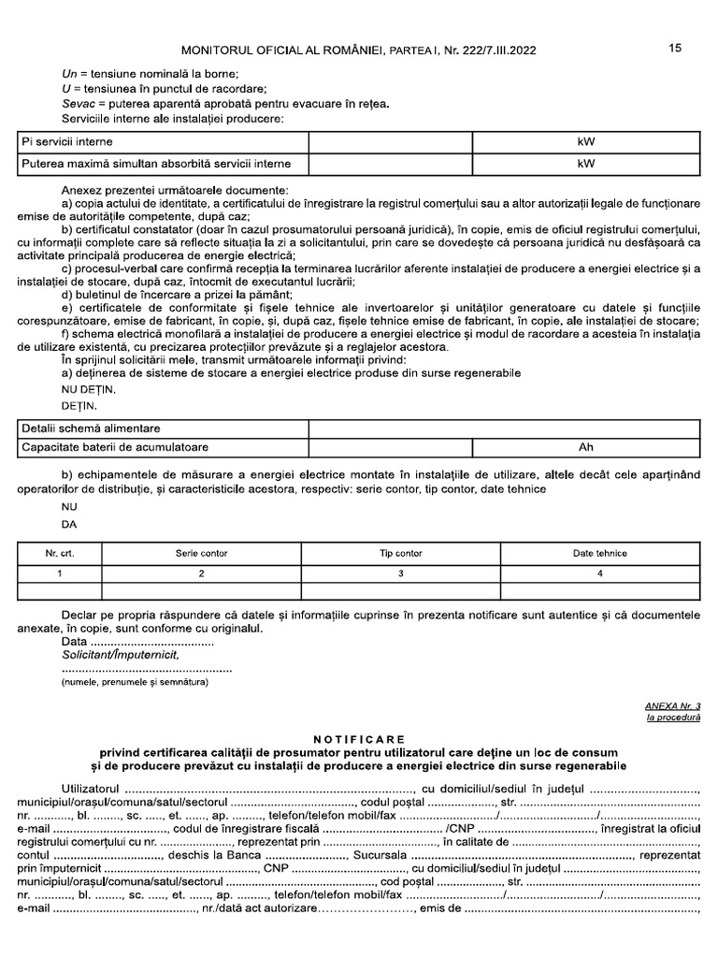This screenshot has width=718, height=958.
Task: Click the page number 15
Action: pyautogui.click(x=675, y=49)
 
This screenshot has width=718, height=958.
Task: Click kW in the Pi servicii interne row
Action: pyautogui.click(x=586, y=141)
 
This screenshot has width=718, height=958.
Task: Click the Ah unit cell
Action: pyautogui.click(x=586, y=447)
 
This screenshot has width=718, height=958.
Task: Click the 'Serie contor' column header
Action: pyautogui.click(x=201, y=553)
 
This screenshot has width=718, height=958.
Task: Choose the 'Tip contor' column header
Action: pyautogui.click(x=400, y=553)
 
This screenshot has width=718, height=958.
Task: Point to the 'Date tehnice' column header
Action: pyautogui.click(x=599, y=553)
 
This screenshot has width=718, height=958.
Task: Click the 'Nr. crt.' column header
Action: pyautogui.click(x=60, y=553)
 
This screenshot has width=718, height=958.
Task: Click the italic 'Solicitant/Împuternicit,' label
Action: pyautogui.click(x=120, y=656)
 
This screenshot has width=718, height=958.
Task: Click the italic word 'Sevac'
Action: pyautogui.click(x=78, y=104)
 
